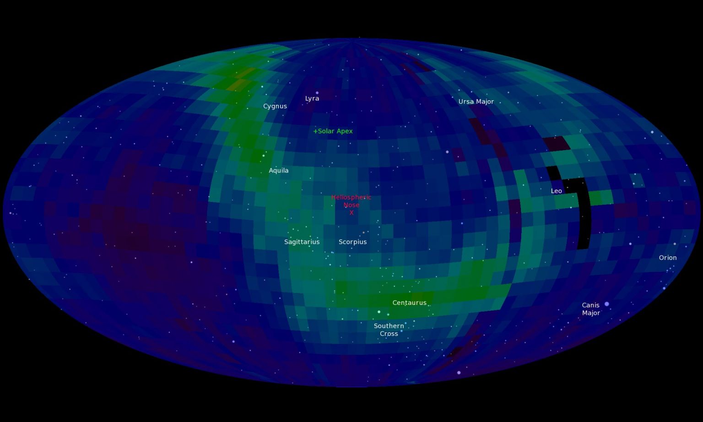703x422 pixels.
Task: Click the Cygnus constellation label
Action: click(275, 106)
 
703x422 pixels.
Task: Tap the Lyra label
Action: click(312, 98)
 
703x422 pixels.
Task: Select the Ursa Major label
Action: click(476, 102)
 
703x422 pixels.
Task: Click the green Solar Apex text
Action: click(335, 131)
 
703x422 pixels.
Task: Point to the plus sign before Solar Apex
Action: click(315, 131)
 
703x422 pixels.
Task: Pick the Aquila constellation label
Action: click(278, 170)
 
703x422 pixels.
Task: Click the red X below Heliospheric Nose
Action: click(351, 213)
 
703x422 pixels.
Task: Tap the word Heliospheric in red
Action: click(351, 197)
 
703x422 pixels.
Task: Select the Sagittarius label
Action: click(302, 242)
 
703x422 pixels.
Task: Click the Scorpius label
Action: click(352, 242)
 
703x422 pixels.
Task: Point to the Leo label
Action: click(556, 191)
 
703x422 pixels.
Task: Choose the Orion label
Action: click(667, 258)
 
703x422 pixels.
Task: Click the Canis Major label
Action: click(590, 309)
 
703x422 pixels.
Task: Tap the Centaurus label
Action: click(409, 303)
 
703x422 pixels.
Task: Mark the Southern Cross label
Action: click(389, 330)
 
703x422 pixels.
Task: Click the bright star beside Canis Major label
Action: click(606, 304)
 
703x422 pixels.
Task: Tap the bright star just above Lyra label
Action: click(317, 92)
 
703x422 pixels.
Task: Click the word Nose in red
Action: click(351, 205)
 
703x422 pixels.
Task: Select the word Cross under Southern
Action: click(389, 334)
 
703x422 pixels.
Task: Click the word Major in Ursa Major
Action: click(485, 102)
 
